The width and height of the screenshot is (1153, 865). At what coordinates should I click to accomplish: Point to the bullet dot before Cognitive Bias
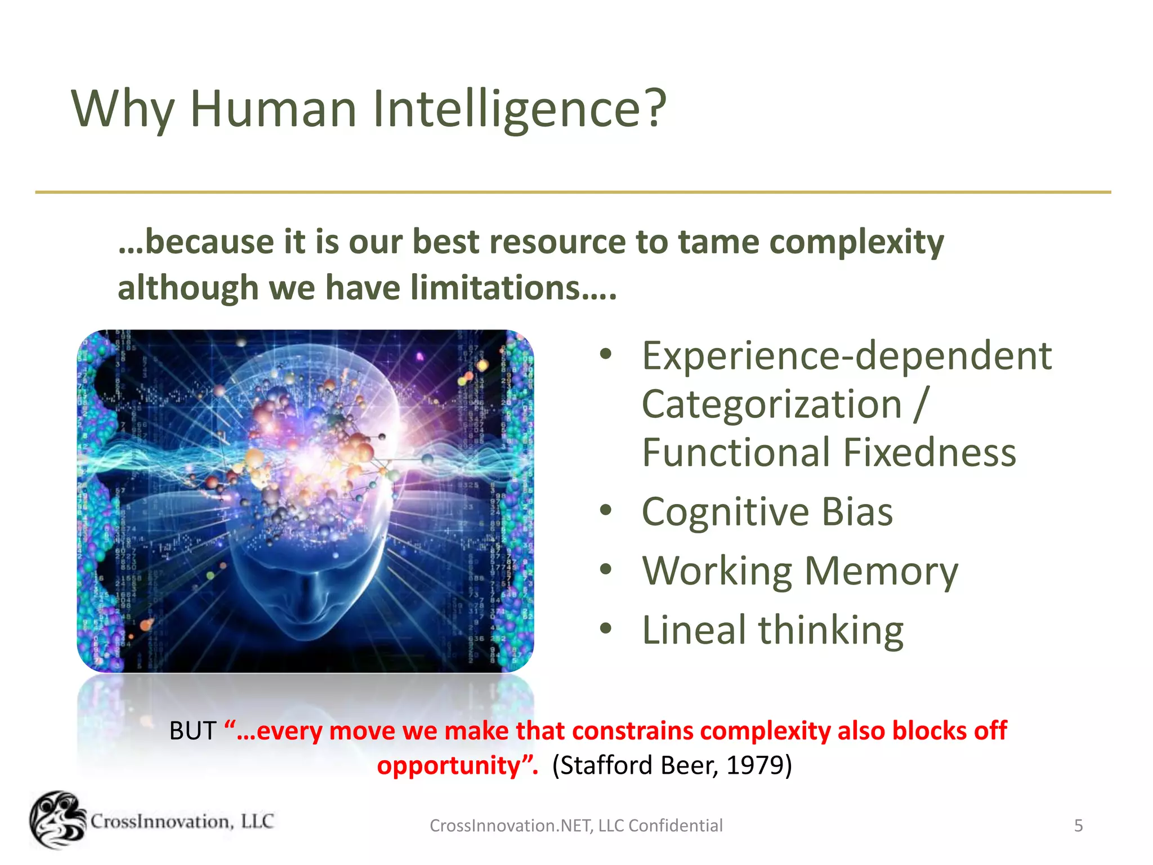point(606,510)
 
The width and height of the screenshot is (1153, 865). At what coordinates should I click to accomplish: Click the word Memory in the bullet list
point(881,571)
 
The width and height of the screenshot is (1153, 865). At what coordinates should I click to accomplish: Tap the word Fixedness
point(929,453)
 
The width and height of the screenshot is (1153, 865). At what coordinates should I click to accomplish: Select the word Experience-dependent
point(847,356)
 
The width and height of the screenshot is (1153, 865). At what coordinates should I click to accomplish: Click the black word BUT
point(193,731)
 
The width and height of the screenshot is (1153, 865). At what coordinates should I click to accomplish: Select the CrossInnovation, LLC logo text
point(182,822)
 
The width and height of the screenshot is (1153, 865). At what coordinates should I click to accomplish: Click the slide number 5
point(1078,826)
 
